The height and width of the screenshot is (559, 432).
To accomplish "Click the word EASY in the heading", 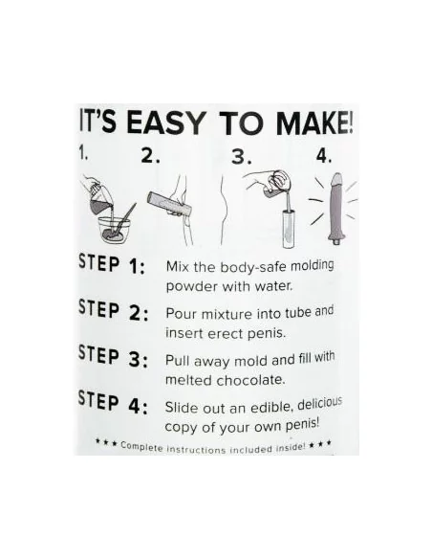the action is pos(166,123).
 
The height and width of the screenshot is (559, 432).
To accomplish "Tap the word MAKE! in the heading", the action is pos(315,123).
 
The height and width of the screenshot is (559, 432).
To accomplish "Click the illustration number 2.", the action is pos(150,156).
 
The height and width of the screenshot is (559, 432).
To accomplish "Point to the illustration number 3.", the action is pos(241,157).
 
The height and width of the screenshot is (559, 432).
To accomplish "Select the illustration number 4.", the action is pos(323,156).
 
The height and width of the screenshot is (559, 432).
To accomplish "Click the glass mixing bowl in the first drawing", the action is pos(115,229).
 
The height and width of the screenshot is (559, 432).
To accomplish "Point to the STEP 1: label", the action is pos(112,264).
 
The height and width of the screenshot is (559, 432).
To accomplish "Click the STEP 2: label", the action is pos(113,310).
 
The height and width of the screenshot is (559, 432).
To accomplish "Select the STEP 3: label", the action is pos(113,356).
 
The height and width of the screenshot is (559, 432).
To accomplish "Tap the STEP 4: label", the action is pos(113,403).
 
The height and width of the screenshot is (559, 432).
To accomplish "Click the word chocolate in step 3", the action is pos(250,380).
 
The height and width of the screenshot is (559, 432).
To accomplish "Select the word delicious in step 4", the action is pos(319,404).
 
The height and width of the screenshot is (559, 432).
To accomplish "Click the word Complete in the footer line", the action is pos(141,447).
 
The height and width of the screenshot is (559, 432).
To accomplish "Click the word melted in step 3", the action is pos(189,380).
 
